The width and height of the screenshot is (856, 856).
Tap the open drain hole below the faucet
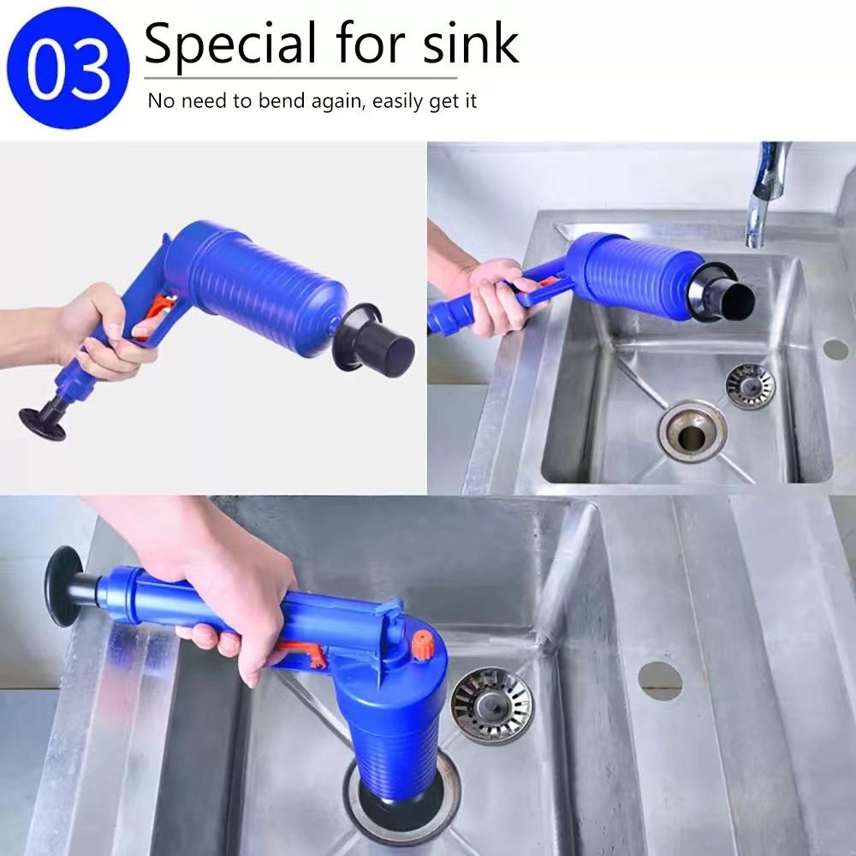pos(692,433)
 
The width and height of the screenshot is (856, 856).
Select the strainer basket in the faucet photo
pos(750,384)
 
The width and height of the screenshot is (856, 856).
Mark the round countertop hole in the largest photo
pos(660,681)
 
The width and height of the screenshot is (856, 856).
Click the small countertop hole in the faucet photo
pos(835,348)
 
